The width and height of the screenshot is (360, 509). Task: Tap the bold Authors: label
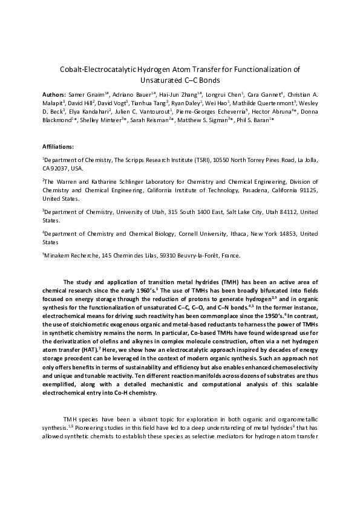click(55, 94)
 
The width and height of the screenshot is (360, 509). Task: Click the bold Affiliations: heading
click(58, 147)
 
